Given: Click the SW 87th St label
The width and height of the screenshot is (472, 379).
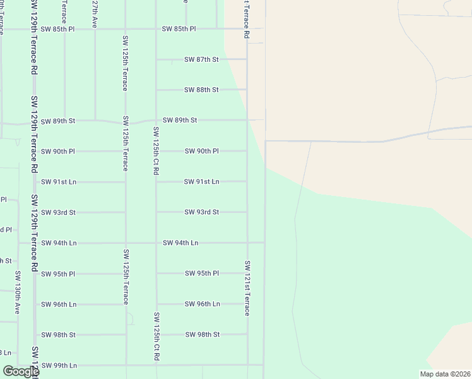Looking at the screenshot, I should coord(201,59).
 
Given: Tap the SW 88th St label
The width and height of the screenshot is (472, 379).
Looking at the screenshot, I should coord(201,90).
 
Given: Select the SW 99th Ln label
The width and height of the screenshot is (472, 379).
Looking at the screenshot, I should coord(59,365).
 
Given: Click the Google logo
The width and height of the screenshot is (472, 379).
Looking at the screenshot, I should coord(20,372).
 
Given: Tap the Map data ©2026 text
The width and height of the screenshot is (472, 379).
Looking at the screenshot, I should coord(445,374).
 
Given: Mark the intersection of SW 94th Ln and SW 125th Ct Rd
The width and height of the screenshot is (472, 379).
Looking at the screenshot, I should coord(156,243).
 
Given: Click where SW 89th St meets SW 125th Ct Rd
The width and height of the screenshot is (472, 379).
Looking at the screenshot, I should coord(156,120).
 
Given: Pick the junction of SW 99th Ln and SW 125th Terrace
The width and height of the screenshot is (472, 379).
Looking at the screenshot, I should coord(126,364).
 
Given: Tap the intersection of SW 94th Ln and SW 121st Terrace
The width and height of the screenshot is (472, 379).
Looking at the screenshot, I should coord(247,243).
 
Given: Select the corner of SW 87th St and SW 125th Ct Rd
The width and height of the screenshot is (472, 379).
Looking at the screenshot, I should coord(156,59).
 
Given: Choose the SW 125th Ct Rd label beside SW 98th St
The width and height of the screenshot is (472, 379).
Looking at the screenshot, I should coord(156,337).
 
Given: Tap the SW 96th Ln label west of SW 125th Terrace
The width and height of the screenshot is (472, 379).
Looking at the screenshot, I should coord(59,304).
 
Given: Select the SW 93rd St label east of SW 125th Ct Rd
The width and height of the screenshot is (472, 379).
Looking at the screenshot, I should coord(202,212).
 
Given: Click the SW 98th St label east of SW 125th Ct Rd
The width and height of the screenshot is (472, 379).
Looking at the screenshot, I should coord(202,334).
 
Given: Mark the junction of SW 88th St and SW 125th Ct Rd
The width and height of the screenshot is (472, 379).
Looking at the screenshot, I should coord(156,90).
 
